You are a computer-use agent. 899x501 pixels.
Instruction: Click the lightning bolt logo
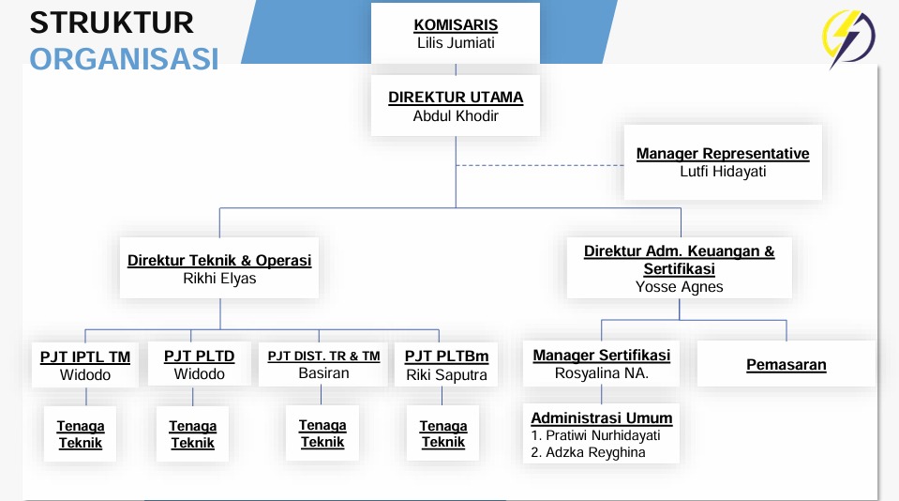[848, 38]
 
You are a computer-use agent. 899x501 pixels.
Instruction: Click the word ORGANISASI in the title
[124, 59]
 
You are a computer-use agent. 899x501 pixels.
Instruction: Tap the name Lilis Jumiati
[456, 43]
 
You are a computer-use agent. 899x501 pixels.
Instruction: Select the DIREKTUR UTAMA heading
[456, 98]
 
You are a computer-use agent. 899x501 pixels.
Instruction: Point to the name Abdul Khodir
[456, 116]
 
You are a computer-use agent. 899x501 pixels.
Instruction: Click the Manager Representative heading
[723, 154]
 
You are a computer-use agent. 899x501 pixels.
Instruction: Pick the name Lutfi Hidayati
[723, 172]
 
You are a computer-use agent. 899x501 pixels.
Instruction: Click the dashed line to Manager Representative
[540, 165]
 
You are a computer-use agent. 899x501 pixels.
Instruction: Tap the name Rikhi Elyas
[219, 279]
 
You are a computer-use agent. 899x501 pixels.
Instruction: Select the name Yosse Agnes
[680, 287]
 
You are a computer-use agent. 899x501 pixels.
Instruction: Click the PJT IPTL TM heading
[85, 357]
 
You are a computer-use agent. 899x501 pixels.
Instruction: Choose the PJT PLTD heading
[200, 357]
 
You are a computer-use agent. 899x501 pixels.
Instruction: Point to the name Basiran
[324, 373]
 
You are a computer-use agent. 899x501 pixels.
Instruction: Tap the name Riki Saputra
[446, 374]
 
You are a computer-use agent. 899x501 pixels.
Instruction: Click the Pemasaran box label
[787, 365]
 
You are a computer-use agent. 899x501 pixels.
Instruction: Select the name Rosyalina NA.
[602, 373]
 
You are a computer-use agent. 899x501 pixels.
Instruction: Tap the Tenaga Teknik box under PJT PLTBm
[443, 433]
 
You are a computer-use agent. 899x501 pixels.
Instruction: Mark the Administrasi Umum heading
[602, 418]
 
